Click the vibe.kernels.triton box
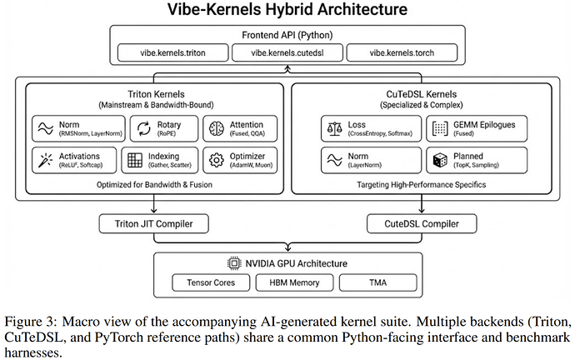tap(172, 52)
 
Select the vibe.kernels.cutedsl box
tap(287, 52)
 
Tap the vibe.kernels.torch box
tap(402, 52)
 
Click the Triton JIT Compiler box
tap(153, 223)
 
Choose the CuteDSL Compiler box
tap(422, 223)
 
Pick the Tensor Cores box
tap(211, 282)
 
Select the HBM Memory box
tap(294, 282)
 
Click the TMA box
tap(378, 282)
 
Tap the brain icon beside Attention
tap(217, 128)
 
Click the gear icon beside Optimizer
tap(217, 160)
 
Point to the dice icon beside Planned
tap(440, 160)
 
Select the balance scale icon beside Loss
tap(334, 128)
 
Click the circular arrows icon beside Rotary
tap(143, 128)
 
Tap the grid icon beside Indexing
tap(134, 160)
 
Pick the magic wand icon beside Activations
tap(46, 160)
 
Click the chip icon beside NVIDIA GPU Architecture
tap(234, 263)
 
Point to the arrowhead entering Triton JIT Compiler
tap(153, 211)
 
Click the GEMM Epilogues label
tap(484, 125)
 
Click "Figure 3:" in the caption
tap(31, 322)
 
